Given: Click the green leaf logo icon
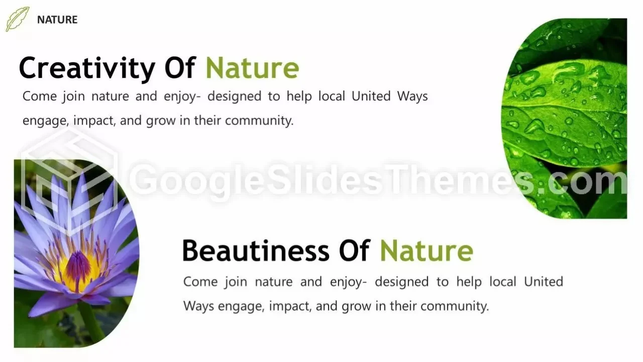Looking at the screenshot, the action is (x=17, y=19).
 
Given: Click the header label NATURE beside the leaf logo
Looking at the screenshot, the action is (x=57, y=20).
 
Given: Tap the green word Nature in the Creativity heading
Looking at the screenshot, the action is (x=252, y=68).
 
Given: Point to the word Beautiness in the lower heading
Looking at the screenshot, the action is (x=256, y=250).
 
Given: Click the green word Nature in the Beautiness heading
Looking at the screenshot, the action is (x=426, y=250).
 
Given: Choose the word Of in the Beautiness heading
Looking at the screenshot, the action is (x=354, y=250).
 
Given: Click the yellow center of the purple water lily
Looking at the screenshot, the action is (x=78, y=267).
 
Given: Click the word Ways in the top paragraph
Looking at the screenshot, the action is (x=412, y=97).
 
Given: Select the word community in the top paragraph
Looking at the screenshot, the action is (x=259, y=121).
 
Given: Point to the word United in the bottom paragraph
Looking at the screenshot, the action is (x=544, y=282).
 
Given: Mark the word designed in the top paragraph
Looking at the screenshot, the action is (x=234, y=97).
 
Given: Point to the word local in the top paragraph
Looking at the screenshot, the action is (x=332, y=96).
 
